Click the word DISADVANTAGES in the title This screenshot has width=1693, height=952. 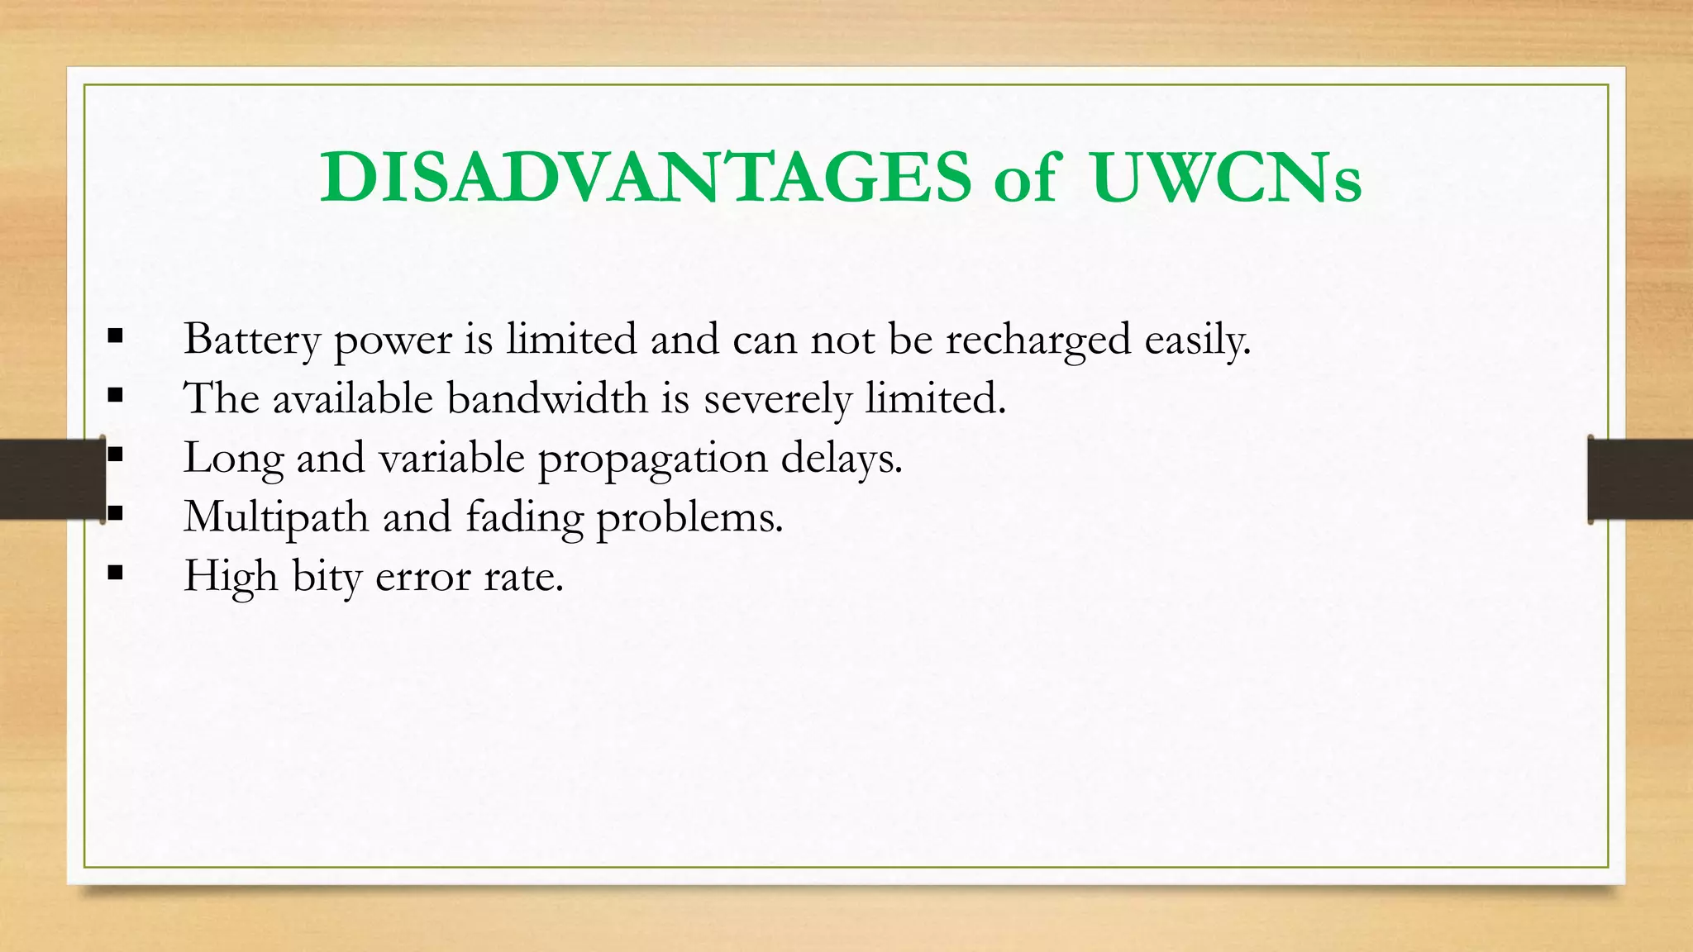pos(646,177)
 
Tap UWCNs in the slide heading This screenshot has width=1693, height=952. pos(1226,177)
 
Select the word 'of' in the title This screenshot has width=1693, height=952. pos(1026,177)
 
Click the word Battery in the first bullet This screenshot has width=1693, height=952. pos(251,340)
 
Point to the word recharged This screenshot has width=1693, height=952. pos(1037,340)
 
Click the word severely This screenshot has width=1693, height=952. pos(777,399)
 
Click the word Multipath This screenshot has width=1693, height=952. pos(276,518)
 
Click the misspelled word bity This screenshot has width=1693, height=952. pos(327,577)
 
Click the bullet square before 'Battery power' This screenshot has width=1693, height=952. pos(115,336)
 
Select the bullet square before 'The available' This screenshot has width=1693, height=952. pos(115,396)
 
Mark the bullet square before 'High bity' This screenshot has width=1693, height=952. pos(115,573)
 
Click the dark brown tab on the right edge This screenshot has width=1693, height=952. pos(1640,479)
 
